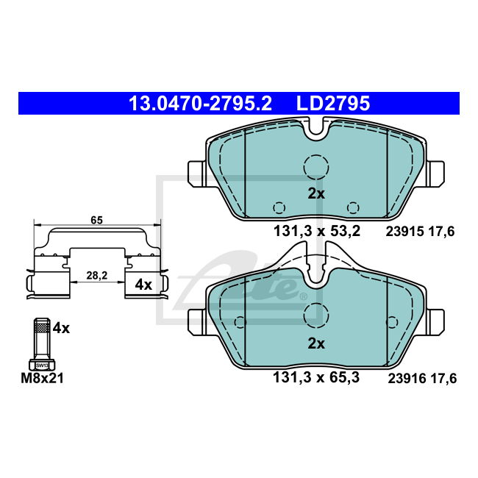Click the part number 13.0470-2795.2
(x=200, y=104)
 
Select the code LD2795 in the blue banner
(x=333, y=104)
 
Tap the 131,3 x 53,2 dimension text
(x=317, y=232)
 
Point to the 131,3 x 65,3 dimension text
(x=316, y=378)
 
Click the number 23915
(x=405, y=232)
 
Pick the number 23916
(x=407, y=379)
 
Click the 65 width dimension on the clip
(x=96, y=220)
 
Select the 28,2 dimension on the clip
(x=97, y=276)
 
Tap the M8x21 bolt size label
(x=42, y=378)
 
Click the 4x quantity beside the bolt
(x=61, y=328)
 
